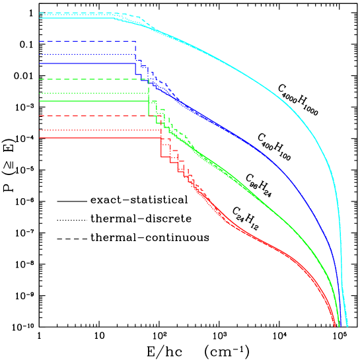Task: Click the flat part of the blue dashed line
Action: [86, 42]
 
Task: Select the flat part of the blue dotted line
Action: [86, 54]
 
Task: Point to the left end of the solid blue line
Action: [40, 63]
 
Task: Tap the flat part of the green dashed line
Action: [92, 79]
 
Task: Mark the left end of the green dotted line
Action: [40, 93]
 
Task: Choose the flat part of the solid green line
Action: [92, 101]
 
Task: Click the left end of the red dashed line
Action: [40, 116]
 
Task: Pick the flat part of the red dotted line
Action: [99, 130]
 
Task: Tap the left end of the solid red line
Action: [40, 137]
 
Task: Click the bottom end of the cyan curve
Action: [347, 326]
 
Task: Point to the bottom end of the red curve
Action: [335, 326]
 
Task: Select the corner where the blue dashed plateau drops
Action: [135, 42]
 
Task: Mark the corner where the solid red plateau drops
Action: [161, 137]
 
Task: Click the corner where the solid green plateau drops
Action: [149, 101]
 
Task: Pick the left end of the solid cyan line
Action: [40, 18]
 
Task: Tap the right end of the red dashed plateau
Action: [146, 116]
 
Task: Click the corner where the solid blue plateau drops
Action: [135, 63]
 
